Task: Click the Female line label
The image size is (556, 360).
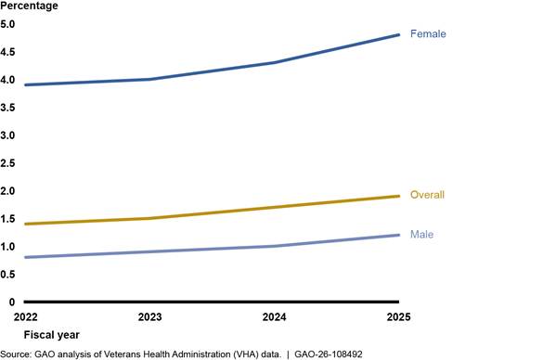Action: [428, 33]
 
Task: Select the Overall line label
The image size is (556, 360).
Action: [427, 195]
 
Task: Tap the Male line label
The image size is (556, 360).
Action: [421, 234]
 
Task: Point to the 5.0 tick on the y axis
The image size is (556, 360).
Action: [7, 24]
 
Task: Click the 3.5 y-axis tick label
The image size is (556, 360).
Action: [7, 108]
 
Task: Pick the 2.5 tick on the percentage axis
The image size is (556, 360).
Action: [7, 163]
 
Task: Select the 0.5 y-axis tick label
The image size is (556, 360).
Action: [7, 275]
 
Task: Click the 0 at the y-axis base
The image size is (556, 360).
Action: [12, 302]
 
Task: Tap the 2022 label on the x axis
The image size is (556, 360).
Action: [26, 316]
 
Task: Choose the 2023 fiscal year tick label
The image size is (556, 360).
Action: [149, 316]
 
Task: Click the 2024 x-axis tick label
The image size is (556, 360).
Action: [274, 316]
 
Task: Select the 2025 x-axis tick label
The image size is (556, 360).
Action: [398, 316]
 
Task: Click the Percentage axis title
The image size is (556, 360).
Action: [29, 6]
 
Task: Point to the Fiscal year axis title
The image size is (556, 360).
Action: [52, 335]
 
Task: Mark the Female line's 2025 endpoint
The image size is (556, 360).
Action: [398, 34]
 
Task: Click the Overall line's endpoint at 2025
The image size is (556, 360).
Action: [398, 196]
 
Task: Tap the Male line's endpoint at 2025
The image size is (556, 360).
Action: [398, 235]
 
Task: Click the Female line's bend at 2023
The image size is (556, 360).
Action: [149, 80]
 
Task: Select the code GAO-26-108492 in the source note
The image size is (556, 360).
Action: [329, 354]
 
